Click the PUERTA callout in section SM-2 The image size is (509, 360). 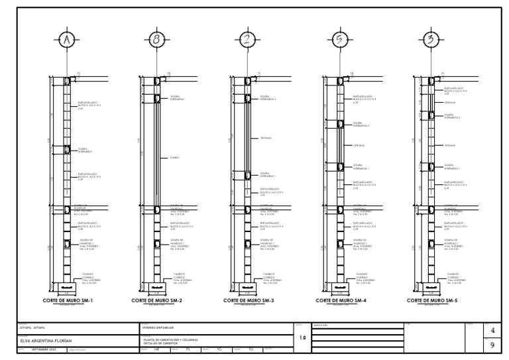click(174, 158)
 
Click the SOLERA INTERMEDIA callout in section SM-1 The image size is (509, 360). click(85, 150)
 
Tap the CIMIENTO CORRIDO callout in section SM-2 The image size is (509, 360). click(180, 277)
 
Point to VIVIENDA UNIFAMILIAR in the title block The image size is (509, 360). click(156, 327)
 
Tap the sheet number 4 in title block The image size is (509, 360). click(491, 330)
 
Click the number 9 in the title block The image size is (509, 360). click(491, 345)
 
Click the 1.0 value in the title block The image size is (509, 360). click(302, 338)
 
